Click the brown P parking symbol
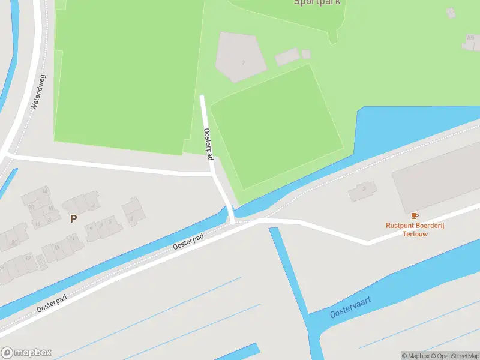[x=73, y=219]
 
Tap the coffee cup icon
[x=414, y=215]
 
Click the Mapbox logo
[x=26, y=352]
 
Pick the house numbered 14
[x=44, y=192]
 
